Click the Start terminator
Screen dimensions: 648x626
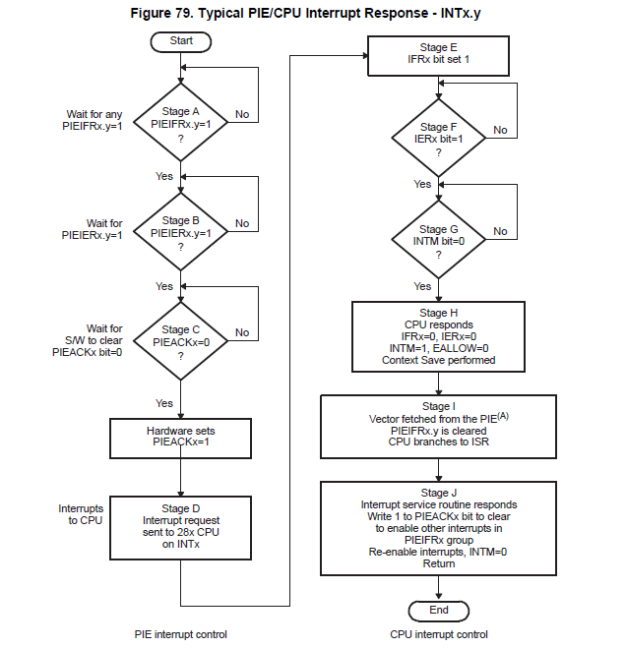tap(180, 41)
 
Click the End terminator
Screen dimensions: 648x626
tap(439, 610)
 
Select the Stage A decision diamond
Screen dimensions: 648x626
tap(181, 126)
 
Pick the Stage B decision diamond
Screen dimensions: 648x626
tap(181, 234)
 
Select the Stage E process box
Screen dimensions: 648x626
tap(439, 54)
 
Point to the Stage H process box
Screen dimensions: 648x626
tap(439, 335)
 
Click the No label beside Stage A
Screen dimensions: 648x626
tap(242, 114)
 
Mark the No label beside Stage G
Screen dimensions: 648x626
tap(500, 231)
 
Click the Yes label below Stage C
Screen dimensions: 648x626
tap(164, 403)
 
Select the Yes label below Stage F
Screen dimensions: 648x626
tap(422, 185)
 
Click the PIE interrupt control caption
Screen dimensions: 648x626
tap(180, 634)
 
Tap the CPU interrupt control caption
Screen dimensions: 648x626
tap(439, 634)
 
